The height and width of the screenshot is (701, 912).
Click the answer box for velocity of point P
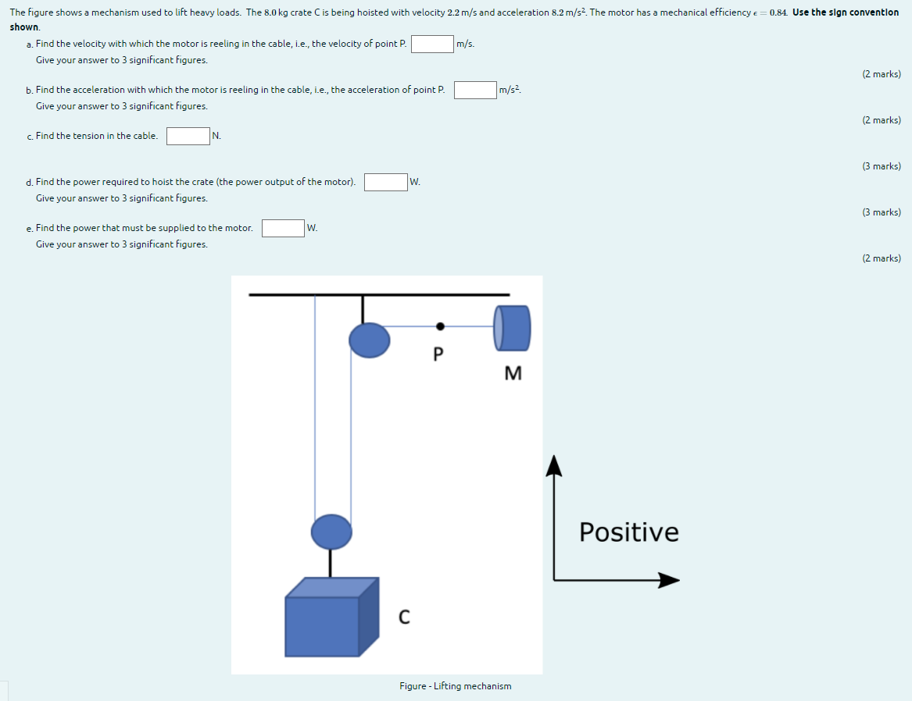[433, 44]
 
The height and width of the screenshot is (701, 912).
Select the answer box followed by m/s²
[475, 90]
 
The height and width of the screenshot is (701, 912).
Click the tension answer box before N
[188, 136]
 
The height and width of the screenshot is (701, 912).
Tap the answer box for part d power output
[385, 182]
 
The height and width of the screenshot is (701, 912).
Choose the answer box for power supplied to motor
[283, 228]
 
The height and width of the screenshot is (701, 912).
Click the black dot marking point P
[440, 326]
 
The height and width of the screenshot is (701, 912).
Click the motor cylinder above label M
[512, 328]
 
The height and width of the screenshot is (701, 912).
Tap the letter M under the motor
[513, 374]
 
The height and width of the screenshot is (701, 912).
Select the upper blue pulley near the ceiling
[369, 340]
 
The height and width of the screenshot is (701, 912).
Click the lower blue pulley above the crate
[331, 532]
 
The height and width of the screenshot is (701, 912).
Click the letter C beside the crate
[403, 617]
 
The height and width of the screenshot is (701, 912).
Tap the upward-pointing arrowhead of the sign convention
[554, 464]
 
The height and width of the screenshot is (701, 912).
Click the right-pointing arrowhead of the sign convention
[669, 580]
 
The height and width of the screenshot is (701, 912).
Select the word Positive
[629, 532]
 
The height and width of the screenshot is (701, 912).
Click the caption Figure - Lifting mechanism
[455, 686]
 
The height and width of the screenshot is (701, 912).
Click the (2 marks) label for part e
[882, 258]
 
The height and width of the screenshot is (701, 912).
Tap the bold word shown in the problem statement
[24, 27]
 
